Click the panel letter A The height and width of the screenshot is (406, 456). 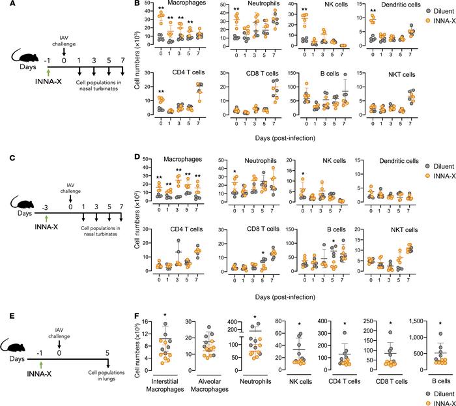pyautogui.click(x=5, y=5)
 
